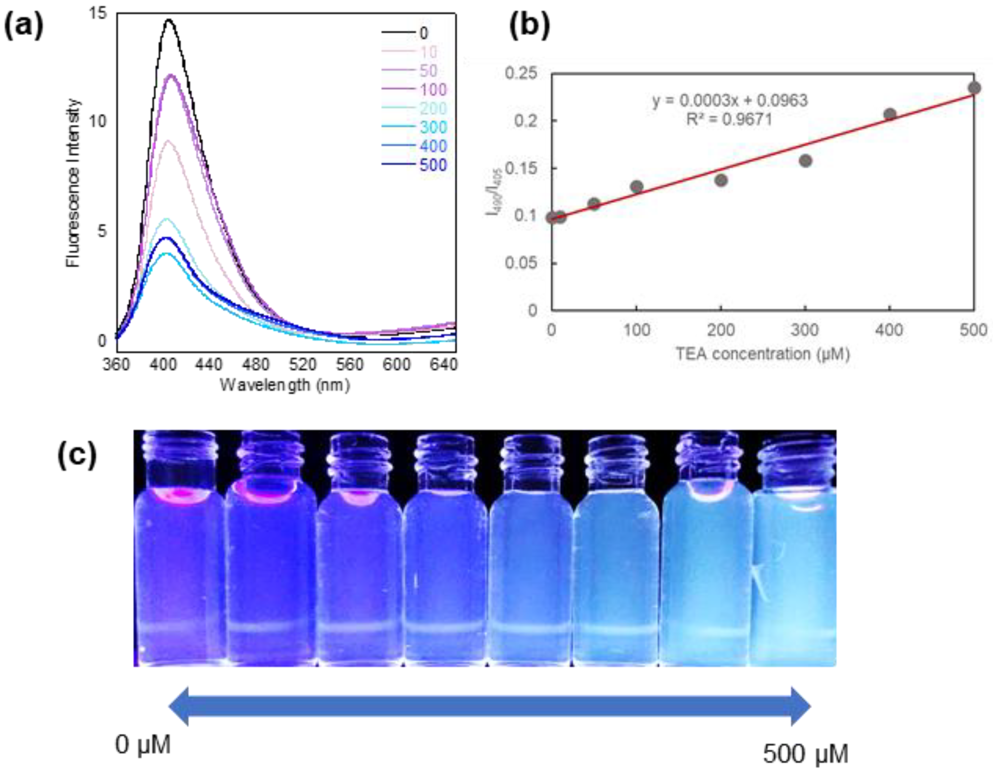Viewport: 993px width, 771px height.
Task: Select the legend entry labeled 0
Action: (423, 33)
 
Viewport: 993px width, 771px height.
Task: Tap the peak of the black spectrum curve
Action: (169, 20)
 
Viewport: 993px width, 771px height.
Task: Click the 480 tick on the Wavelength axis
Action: (256, 364)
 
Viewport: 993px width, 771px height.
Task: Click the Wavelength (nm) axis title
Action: (285, 385)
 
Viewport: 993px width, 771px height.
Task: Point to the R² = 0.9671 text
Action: (729, 120)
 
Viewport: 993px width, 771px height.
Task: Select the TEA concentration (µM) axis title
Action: (763, 354)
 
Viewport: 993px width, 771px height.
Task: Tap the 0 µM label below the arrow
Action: (143, 745)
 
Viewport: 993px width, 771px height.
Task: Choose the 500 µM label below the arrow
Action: (805, 754)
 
